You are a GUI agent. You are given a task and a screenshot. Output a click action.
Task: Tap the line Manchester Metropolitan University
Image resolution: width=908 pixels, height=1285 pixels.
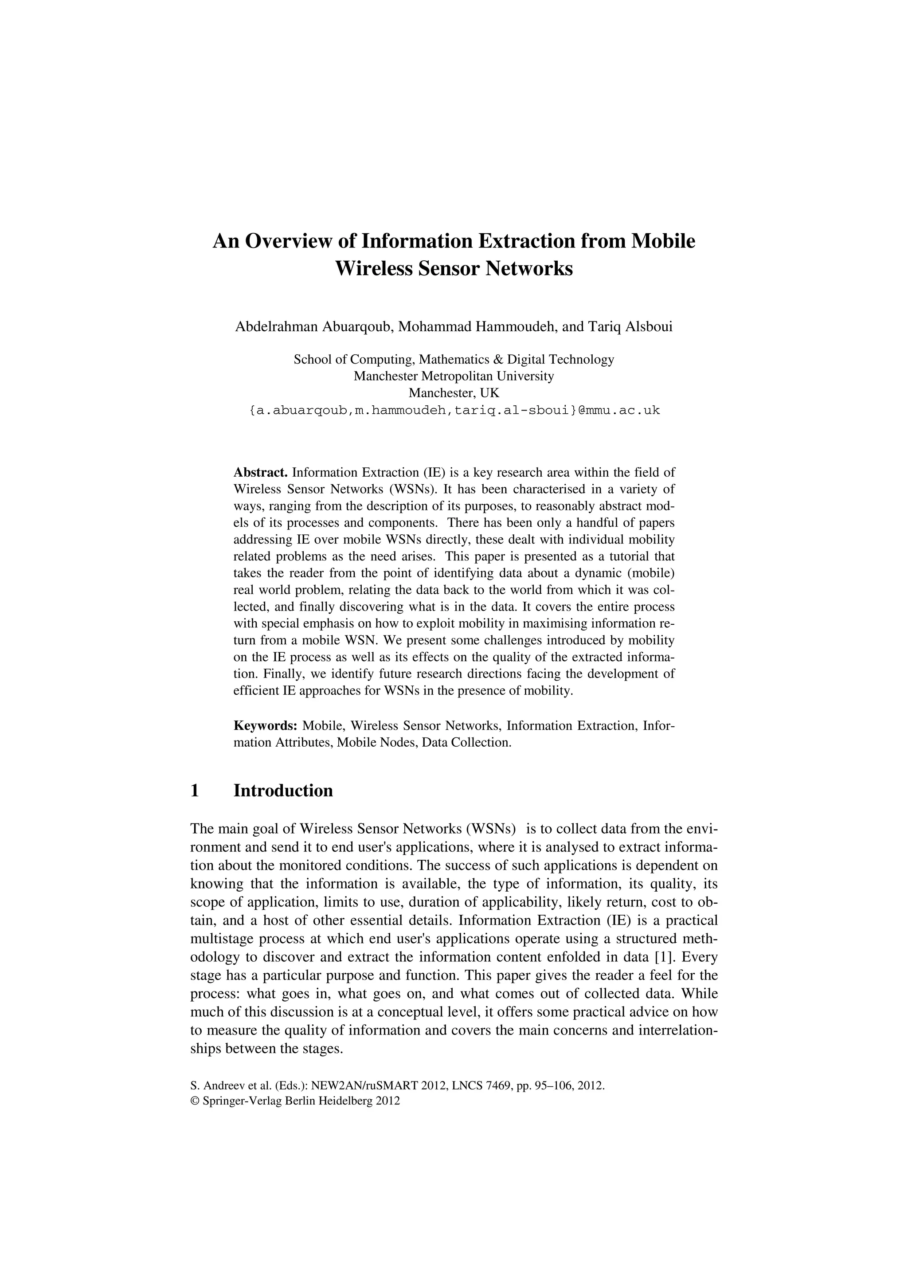point(454,376)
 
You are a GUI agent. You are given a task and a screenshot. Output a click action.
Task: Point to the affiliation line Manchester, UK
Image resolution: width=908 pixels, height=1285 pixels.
point(454,393)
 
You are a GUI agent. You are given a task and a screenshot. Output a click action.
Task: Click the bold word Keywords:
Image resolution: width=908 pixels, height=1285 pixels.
point(265,726)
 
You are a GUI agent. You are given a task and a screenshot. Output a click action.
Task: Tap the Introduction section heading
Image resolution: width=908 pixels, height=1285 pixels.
point(283,791)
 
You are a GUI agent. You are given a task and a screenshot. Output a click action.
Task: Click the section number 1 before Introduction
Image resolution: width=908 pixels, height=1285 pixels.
point(195,791)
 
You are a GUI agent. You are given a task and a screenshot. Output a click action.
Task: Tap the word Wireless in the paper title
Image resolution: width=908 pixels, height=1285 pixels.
point(373,269)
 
